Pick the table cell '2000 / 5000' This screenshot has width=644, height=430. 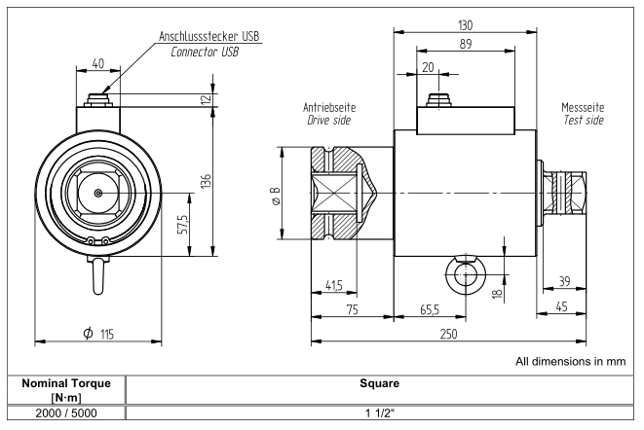pyautogui.click(x=65, y=416)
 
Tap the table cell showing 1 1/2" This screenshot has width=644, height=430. pyautogui.click(x=382, y=416)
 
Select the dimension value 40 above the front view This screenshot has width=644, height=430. pyautogui.click(x=95, y=64)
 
